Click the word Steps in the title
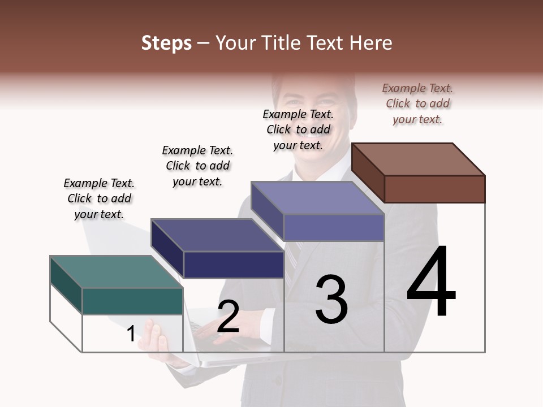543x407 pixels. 166,43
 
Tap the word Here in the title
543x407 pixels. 370,43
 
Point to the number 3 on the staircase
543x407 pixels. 331,300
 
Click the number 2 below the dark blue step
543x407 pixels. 228,317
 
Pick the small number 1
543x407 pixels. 131,334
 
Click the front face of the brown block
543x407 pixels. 434,189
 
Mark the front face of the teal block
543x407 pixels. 132,301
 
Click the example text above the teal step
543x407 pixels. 99,198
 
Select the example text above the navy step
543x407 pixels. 197,166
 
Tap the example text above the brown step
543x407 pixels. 417,103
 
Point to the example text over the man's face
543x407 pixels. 298,129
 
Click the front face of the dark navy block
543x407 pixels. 234,265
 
